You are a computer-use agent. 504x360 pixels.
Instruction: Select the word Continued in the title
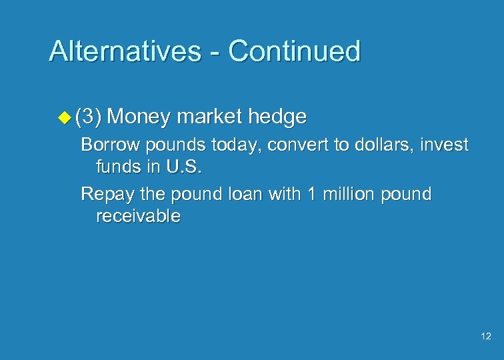(x=295, y=51)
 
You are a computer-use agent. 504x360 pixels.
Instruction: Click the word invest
(x=447, y=145)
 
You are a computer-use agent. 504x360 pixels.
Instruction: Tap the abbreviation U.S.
(x=181, y=167)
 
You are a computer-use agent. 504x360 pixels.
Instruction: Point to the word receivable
(x=138, y=217)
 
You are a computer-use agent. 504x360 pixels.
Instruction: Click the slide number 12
(x=485, y=337)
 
